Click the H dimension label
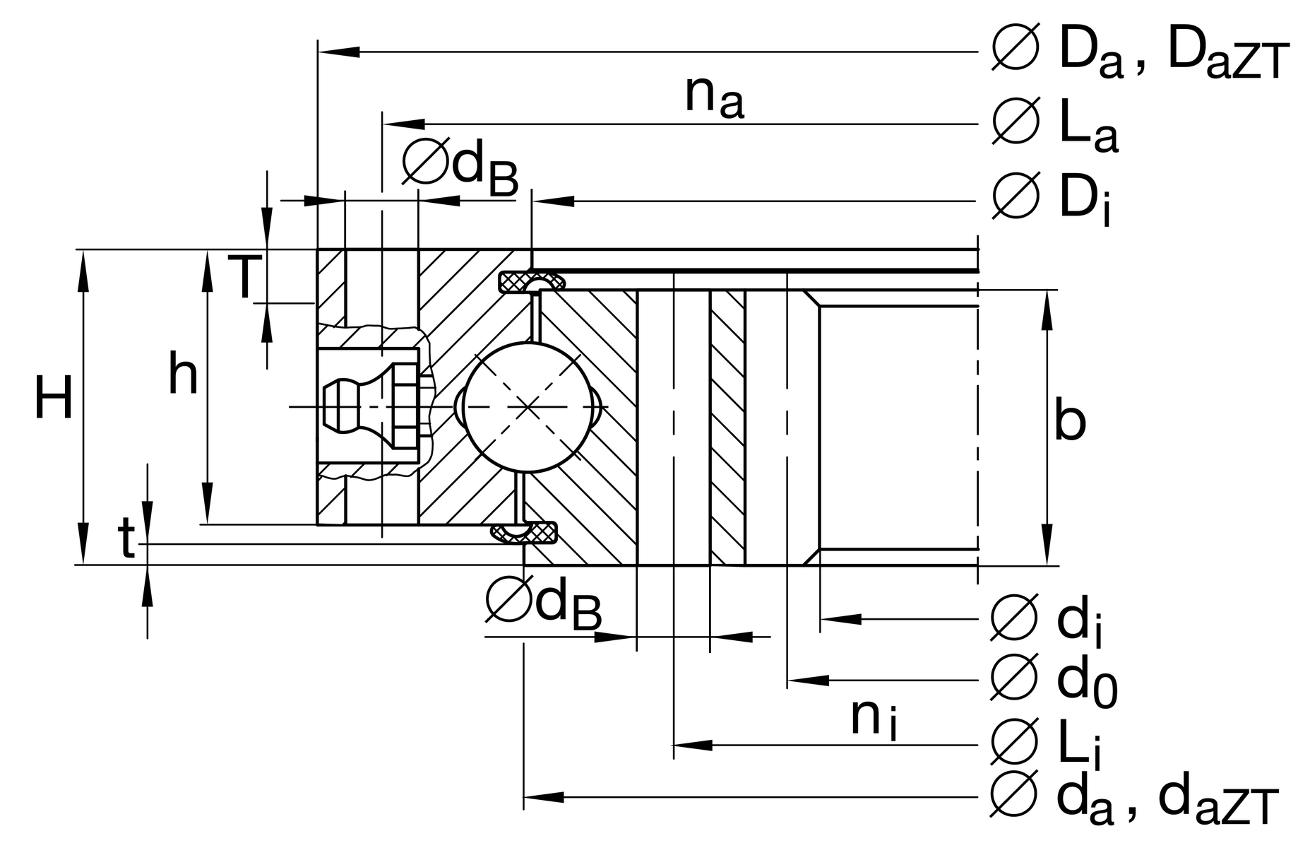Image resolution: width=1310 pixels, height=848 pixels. click(53, 398)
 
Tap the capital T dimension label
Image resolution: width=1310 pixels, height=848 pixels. click(244, 277)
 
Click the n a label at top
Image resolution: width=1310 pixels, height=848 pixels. click(714, 97)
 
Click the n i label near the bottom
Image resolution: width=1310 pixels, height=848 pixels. click(874, 719)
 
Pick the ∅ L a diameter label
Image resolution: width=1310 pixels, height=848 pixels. click(1055, 125)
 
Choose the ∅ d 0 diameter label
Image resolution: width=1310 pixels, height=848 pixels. click(1054, 680)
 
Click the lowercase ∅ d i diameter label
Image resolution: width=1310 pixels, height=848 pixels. click(1048, 620)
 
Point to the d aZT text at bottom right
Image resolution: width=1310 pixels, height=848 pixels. click(1218, 801)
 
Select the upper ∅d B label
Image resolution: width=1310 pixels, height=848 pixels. click(460, 167)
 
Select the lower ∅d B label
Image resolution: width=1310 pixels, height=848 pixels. click(544, 601)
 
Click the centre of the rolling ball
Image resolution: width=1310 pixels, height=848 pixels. click(528, 407)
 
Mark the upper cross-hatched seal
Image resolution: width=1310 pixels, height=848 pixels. click(531, 281)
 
